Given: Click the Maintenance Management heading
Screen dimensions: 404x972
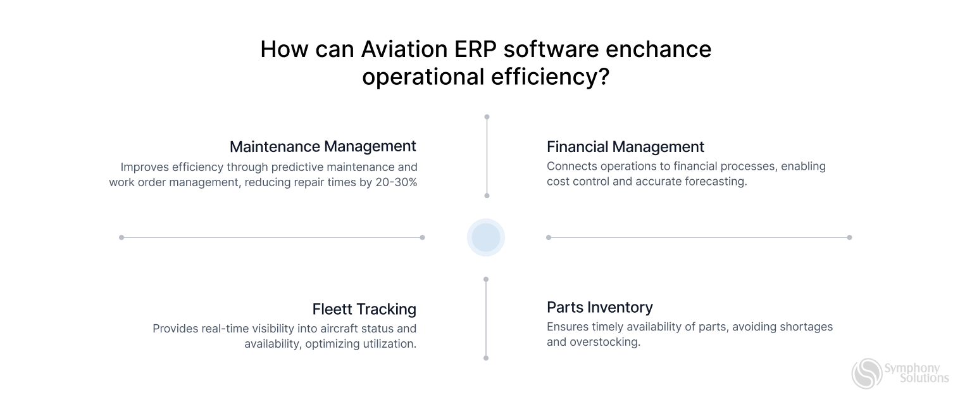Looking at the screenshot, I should tap(323, 146).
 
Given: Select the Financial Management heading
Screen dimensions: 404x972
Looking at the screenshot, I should tap(625, 147).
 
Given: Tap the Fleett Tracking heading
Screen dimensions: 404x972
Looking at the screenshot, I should tap(364, 309).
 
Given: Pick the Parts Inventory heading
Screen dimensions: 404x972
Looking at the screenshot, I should tap(599, 307).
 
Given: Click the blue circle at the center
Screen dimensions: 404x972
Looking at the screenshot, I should tap(486, 237).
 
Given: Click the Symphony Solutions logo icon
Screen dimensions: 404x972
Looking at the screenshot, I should tap(866, 373).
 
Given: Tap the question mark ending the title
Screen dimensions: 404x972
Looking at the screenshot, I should tap(603, 77).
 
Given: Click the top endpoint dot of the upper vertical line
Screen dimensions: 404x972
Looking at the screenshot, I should tap(487, 117).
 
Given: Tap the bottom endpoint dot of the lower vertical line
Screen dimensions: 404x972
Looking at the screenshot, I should tap(486, 358).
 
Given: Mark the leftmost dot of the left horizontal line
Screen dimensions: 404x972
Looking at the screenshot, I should tap(121, 237).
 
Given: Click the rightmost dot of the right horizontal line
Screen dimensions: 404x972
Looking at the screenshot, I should tap(849, 237).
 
